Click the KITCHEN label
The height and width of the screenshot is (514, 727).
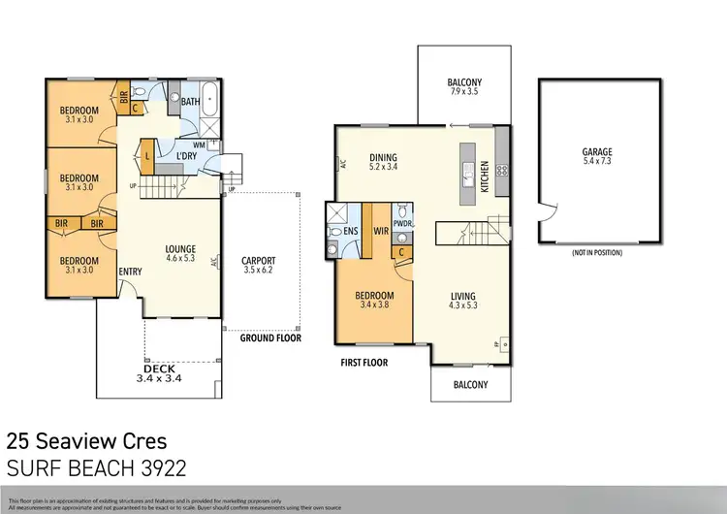click(486, 176)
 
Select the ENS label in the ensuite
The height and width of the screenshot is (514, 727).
click(336, 232)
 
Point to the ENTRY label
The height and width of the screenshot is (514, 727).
click(130, 273)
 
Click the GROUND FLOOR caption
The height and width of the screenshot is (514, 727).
click(271, 338)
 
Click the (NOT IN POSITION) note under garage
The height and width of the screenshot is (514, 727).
click(597, 253)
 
